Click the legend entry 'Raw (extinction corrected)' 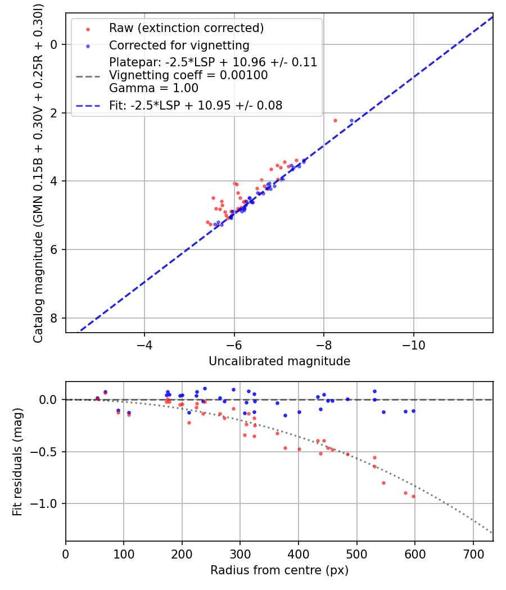click(186, 28)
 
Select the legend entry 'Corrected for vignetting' click(179, 45)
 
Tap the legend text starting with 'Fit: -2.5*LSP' click(196, 105)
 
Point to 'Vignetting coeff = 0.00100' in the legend click(188, 75)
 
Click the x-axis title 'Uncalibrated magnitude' click(279, 361)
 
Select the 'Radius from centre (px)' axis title click(279, 570)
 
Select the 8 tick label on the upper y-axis click(55, 318)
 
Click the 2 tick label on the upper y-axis click(55, 113)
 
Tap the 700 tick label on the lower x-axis click(473, 553)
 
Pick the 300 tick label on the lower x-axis click(240, 553)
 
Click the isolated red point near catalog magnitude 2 click(335, 120)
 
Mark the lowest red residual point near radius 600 click(413, 496)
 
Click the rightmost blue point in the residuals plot click(413, 411)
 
